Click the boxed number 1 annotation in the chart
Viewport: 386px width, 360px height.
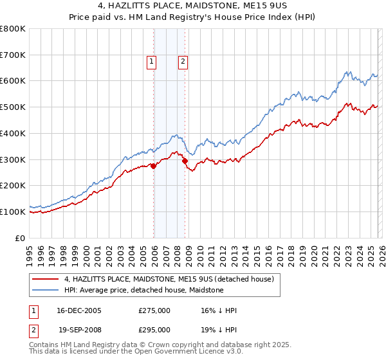(x=151, y=62)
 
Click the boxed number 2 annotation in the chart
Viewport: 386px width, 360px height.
(x=183, y=62)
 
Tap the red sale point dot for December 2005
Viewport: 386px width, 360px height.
(x=154, y=166)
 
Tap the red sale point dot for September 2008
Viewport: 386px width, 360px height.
(x=185, y=161)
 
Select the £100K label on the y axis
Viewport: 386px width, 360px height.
(x=13, y=212)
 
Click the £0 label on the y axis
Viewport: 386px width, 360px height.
(x=21, y=238)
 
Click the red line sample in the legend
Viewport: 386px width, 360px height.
(x=46, y=279)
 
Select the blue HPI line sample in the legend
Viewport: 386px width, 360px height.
(x=46, y=290)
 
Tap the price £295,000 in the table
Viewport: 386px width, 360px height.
(x=154, y=329)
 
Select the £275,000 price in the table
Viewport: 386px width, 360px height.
(x=154, y=310)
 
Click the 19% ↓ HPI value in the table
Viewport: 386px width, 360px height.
(x=219, y=329)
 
